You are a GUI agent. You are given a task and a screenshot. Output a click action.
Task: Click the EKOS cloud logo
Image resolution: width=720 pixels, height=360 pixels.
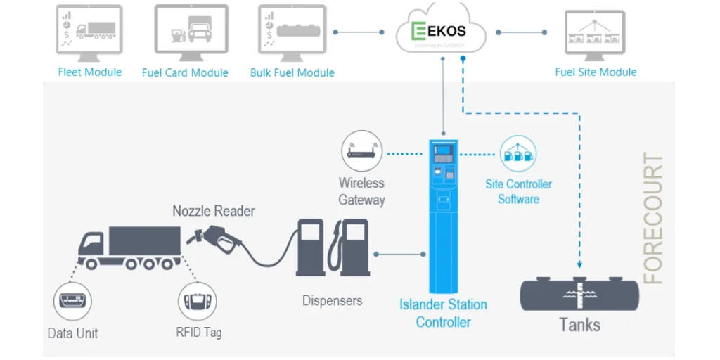tap(441, 32)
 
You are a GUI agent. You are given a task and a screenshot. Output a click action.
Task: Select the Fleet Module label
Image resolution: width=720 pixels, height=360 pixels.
tap(89, 72)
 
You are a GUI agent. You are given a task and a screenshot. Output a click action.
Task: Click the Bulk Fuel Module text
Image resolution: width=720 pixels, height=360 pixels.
tap(292, 72)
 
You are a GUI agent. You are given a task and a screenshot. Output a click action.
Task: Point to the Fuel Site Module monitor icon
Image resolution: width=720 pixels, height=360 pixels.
tap(595, 32)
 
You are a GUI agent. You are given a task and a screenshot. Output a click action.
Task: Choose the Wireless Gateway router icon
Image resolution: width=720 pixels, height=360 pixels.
tap(361, 151)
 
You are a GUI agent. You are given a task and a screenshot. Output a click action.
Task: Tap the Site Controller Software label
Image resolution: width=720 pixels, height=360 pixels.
tap(518, 191)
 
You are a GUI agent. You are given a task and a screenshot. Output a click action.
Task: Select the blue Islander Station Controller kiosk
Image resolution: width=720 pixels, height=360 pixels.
tap(442, 211)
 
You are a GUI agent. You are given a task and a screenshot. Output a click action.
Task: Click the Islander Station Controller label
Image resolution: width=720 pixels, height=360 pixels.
tap(443, 313)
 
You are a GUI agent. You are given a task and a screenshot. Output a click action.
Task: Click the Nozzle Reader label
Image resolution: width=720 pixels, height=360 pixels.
tap(214, 211)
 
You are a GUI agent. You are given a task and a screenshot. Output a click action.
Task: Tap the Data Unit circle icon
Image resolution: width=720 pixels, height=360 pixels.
tap(72, 300)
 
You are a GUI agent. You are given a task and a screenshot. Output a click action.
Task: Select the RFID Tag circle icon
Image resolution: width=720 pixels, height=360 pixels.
tap(197, 301)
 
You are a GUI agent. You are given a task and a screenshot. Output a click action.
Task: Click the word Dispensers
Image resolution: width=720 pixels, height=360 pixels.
tap(332, 301)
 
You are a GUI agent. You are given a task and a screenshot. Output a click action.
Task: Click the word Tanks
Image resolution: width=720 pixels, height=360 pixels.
tap(579, 325)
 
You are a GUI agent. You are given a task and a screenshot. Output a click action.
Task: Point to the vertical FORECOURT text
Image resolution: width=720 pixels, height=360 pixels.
tap(653, 219)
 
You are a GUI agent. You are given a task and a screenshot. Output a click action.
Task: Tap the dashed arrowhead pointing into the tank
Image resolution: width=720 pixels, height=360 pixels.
tap(579, 265)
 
